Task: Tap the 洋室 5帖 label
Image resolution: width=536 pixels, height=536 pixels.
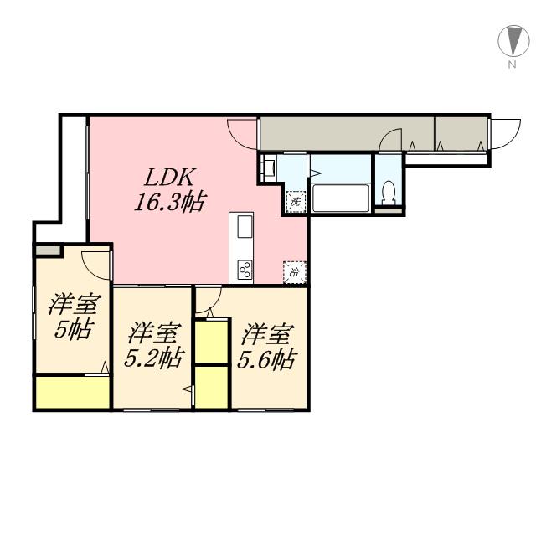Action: pyautogui.click(x=73, y=316)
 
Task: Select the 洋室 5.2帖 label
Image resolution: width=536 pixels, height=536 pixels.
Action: pyautogui.click(x=154, y=346)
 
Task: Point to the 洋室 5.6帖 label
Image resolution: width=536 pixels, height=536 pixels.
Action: pyautogui.click(x=266, y=347)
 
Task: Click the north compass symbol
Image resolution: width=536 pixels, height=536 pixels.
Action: pyautogui.click(x=509, y=40)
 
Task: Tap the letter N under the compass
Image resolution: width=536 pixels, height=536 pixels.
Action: pyautogui.click(x=509, y=64)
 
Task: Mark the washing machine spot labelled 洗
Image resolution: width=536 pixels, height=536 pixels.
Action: pyautogui.click(x=295, y=202)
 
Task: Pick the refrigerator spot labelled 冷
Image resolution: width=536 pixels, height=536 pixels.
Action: pyautogui.click(x=295, y=271)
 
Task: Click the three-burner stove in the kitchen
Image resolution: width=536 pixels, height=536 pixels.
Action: pyautogui.click(x=245, y=269)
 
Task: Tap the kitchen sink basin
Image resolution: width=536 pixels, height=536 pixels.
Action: pyautogui.click(x=245, y=227)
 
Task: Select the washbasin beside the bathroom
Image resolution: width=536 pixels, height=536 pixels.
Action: pyautogui.click(x=268, y=167)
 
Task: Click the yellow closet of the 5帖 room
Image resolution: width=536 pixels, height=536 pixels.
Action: pyautogui.click(x=72, y=393)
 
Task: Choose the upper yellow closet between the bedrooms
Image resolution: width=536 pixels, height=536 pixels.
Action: pyautogui.click(x=211, y=340)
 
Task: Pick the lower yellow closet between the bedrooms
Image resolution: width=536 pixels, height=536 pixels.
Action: pyautogui.click(x=211, y=388)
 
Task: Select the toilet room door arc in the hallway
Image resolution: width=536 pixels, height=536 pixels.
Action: pyautogui.click(x=390, y=139)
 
